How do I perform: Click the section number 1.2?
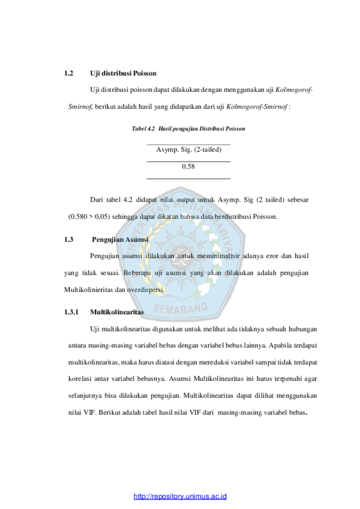pyautogui.click(x=69, y=73)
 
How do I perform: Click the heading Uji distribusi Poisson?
pyautogui.click(x=123, y=73)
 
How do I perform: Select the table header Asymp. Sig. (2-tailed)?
pyautogui.click(x=189, y=150)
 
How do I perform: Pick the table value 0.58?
pyautogui.click(x=188, y=167)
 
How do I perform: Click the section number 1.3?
pyautogui.click(x=69, y=240)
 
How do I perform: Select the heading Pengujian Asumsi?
pyautogui.click(x=120, y=240)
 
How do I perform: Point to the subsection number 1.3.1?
pyautogui.click(x=71, y=312)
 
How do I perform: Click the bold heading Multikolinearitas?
pyautogui.click(x=117, y=312)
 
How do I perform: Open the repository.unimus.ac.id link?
pyautogui.click(x=180, y=496)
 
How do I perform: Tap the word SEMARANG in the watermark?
pyautogui.click(x=181, y=308)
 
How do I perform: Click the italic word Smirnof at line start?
pyautogui.click(x=80, y=106)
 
